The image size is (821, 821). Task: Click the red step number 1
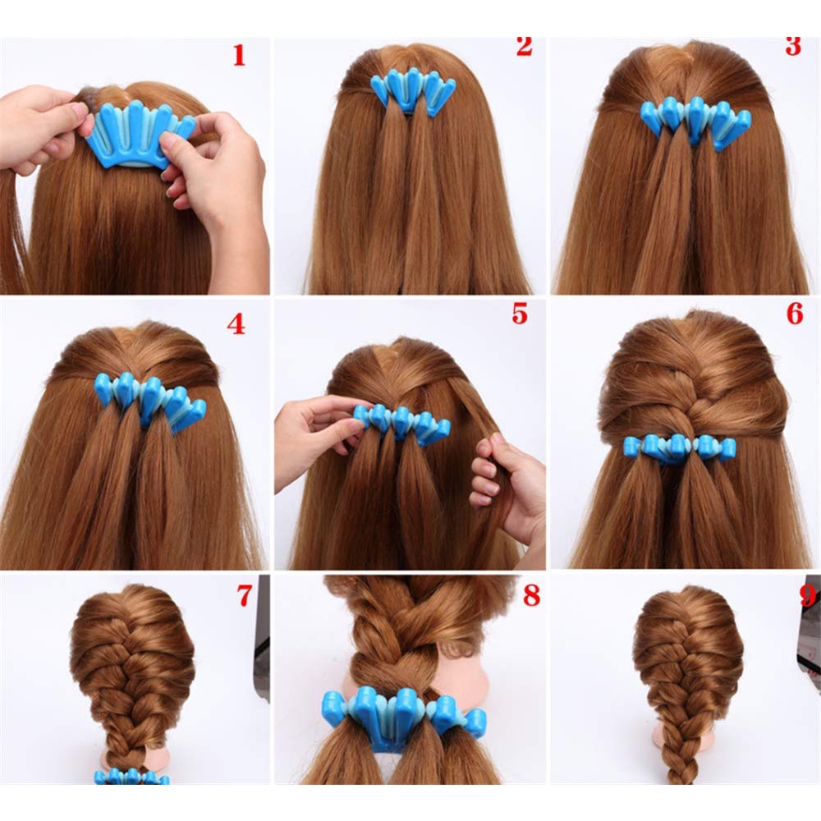(239, 55)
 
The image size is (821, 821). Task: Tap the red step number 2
(524, 46)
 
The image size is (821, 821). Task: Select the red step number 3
(792, 46)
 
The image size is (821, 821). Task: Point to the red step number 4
(236, 324)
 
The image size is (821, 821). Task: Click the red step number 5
(519, 314)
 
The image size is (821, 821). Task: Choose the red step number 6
(794, 314)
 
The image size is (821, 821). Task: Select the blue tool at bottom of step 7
(131, 776)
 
